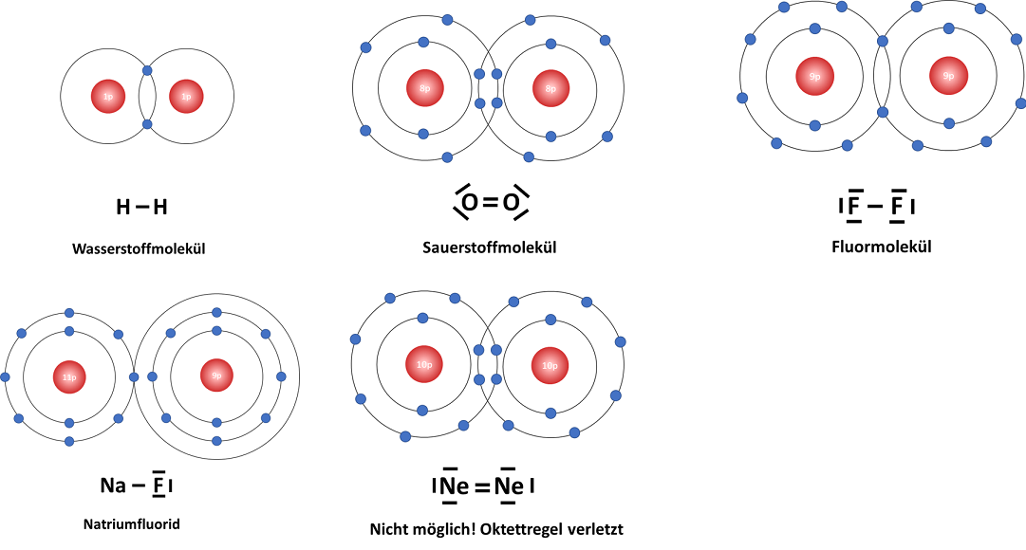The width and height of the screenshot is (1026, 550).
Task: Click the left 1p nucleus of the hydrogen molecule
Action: (108, 97)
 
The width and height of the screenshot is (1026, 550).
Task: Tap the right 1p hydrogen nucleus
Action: (186, 97)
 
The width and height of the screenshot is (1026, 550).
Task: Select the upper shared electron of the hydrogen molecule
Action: (147, 70)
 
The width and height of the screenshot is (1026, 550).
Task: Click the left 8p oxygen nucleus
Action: (424, 88)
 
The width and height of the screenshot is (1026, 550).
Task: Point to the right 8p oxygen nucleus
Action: (550, 88)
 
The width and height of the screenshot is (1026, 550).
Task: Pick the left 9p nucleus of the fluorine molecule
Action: (814, 76)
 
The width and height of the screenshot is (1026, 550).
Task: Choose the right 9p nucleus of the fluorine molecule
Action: (948, 76)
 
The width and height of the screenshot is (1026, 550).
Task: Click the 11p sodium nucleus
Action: (68, 376)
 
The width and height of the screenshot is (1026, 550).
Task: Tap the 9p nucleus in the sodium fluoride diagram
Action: (216, 376)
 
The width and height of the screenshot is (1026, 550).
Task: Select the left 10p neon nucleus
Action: (424, 365)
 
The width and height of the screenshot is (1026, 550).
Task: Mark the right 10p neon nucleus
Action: (550, 365)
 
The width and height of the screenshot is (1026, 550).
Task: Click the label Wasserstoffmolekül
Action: (139, 250)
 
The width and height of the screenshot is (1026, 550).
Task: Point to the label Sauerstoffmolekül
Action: (489, 247)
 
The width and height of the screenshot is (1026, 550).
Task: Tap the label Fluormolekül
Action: (881, 246)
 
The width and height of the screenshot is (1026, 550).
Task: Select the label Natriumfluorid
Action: (132, 523)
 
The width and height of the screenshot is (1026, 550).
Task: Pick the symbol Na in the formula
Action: (113, 486)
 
